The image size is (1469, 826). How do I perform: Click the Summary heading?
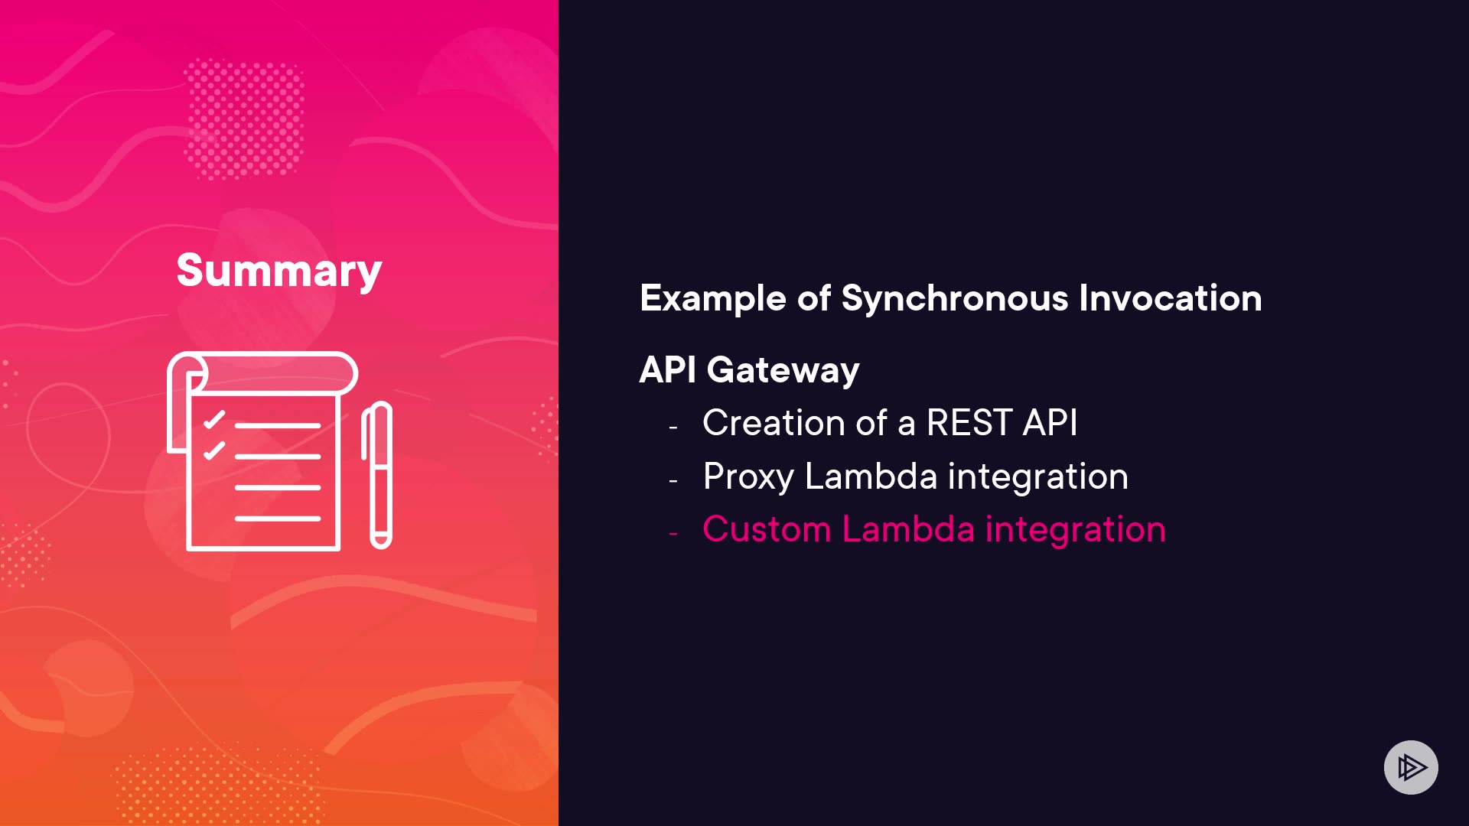[x=279, y=271]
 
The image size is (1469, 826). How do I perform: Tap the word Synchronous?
[x=954, y=298]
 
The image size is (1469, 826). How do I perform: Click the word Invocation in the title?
[x=1171, y=298]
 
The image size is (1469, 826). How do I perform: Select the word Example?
[x=713, y=299]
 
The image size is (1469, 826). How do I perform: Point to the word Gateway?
[x=783, y=371]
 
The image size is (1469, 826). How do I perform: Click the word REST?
[x=969, y=423]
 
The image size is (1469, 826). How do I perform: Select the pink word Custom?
[x=767, y=529]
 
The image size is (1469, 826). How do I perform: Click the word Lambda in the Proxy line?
[x=871, y=476]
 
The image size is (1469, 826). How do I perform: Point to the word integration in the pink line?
[x=1076, y=529]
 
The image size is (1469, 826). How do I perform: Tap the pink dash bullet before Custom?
[x=673, y=533]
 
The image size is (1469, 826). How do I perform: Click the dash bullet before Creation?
[x=673, y=427]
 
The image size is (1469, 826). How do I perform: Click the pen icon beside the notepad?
[x=377, y=475]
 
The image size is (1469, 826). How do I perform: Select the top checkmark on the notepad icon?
[x=214, y=420]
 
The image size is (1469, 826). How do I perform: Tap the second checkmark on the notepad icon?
[x=214, y=450]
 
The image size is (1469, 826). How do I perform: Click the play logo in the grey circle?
[x=1411, y=767]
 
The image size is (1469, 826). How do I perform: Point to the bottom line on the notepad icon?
[x=278, y=519]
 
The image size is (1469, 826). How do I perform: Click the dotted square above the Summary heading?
[x=244, y=119]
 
